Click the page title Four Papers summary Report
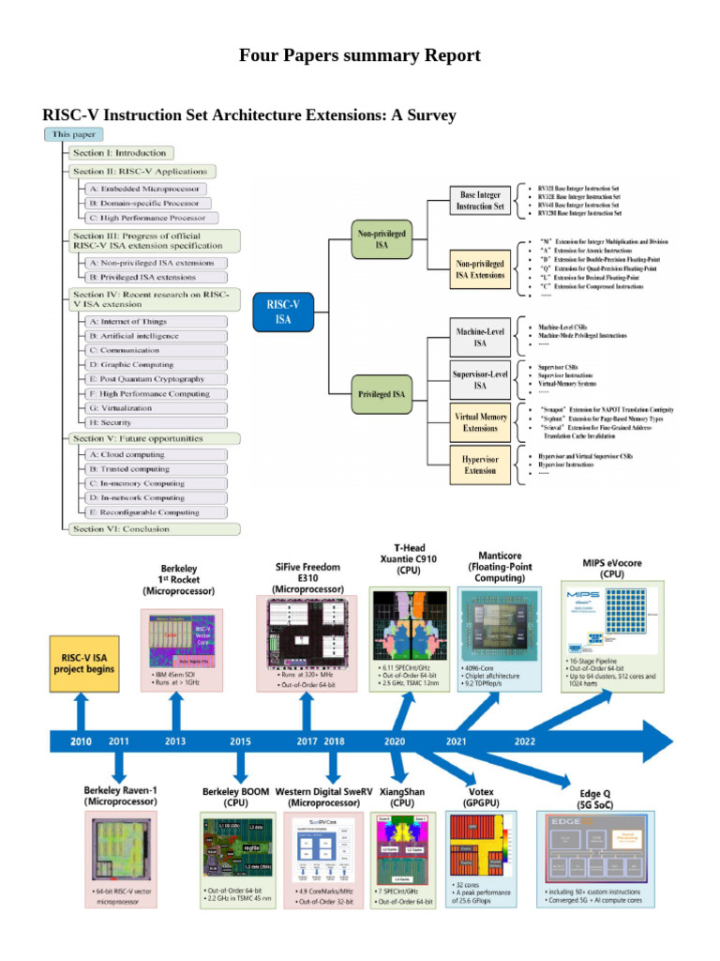tap(360, 55)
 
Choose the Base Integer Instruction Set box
tap(480, 199)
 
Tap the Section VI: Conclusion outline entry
tap(121, 528)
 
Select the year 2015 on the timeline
tap(240, 740)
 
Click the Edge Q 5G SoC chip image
tap(604, 848)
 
